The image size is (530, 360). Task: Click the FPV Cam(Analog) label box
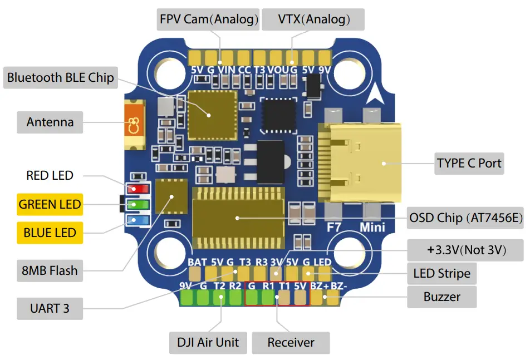tap(209, 19)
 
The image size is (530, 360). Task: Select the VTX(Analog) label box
tap(313, 19)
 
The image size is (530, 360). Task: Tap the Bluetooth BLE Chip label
tap(60, 77)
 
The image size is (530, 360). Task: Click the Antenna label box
tap(50, 122)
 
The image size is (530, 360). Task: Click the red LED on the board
tap(134, 190)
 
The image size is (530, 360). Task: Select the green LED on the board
tap(134, 205)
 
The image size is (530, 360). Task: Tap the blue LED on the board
tap(134, 219)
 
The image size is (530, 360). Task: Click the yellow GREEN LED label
tap(50, 204)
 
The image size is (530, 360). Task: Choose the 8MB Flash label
tap(50, 271)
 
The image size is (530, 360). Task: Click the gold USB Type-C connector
tap(360, 162)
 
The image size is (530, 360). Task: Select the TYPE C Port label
tap(469, 164)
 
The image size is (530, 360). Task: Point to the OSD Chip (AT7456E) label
tap(465, 218)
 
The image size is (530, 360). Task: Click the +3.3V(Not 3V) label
tap(466, 250)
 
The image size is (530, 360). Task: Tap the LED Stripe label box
tap(441, 273)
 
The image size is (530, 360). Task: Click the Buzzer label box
tap(442, 297)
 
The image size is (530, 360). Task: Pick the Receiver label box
tap(291, 342)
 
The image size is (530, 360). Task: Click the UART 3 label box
tap(50, 308)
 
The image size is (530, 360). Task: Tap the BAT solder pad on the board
tap(195, 273)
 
